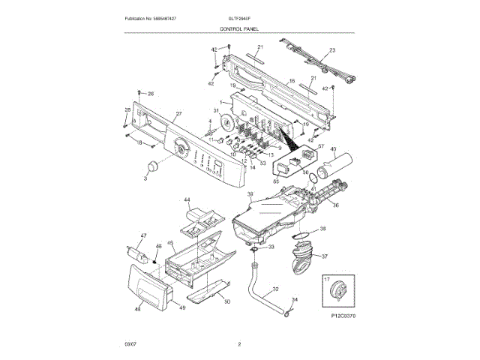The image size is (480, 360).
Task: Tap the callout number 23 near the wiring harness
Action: pos(332,50)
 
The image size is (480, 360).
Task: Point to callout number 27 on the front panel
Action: pos(178,114)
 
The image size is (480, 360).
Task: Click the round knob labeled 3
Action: pos(152,167)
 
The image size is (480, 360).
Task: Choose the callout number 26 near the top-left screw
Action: pos(150,94)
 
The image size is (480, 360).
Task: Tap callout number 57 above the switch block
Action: pos(321,148)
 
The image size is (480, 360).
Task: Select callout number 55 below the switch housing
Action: pos(275,181)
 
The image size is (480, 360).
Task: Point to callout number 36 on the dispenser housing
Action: pos(335,205)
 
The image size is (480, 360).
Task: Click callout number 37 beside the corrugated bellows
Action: pos(325,256)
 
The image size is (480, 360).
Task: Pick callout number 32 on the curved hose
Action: pos(275,289)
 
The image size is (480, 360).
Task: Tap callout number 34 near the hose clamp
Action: pos(295,299)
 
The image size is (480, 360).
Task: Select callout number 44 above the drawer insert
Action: pos(187,201)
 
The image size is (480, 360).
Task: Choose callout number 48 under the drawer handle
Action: pos(137,309)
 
